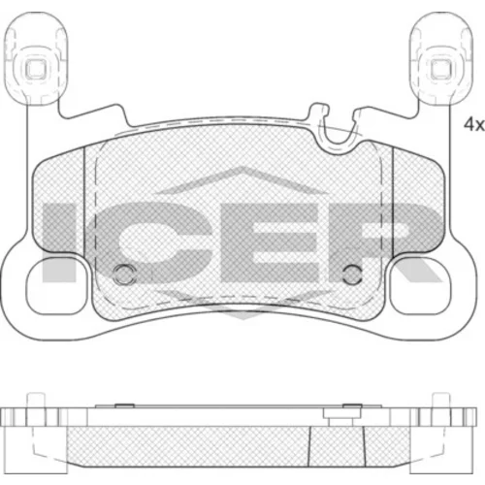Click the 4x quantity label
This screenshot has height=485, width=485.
(473, 125)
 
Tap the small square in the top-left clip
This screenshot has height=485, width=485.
(35, 68)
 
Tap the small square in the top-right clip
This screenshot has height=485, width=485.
(440, 69)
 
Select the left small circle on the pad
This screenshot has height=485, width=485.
(124, 275)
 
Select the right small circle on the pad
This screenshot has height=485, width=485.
(352, 275)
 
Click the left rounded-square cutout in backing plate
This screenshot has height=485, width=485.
(57, 286)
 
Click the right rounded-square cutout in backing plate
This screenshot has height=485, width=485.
(420, 286)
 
